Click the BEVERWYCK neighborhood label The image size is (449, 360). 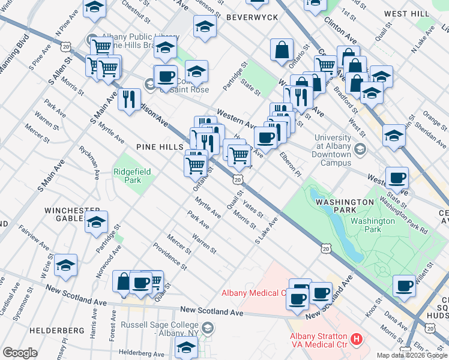252,17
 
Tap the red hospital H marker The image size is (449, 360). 357,340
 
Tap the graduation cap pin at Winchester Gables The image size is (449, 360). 96,221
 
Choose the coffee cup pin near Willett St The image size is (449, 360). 404,285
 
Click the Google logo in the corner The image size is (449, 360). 20,352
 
